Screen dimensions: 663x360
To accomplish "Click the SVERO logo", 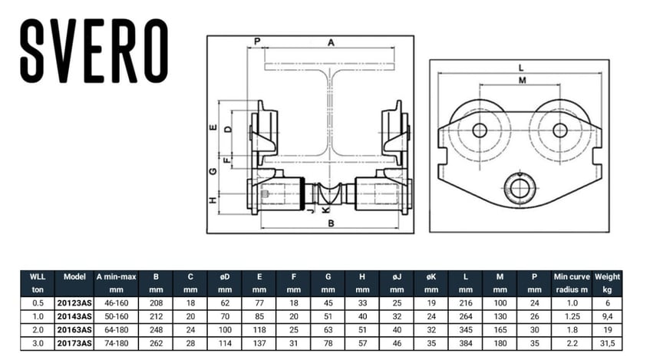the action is click(94, 51).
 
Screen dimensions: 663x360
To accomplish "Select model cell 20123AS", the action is click(74, 303).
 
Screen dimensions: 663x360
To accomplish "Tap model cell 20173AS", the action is click(74, 343).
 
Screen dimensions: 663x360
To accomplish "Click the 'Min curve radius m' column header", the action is click(572, 283).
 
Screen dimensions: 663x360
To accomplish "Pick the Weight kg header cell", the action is click(607, 283).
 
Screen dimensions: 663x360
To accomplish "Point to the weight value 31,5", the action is click(607, 343).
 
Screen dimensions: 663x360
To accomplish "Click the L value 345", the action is click(466, 329).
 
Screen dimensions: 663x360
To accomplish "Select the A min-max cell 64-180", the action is click(117, 329).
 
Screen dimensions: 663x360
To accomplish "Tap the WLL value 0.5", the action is click(38, 303).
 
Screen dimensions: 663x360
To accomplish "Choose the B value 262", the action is click(156, 343).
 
